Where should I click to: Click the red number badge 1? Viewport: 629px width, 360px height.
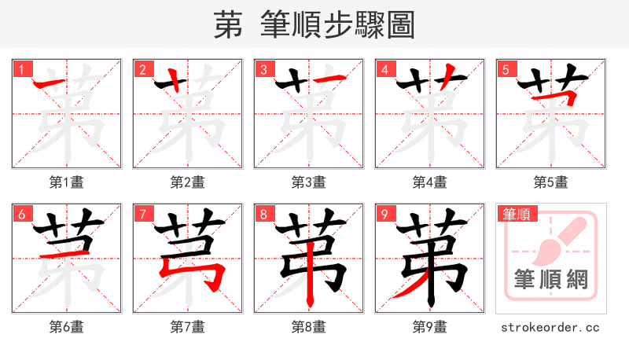click(x=21, y=69)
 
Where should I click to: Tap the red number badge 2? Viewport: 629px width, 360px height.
click(x=142, y=69)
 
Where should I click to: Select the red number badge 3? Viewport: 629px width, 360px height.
click(x=263, y=69)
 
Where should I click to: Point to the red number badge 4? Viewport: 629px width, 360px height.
click(x=384, y=69)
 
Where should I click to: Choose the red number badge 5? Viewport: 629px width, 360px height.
click(x=506, y=69)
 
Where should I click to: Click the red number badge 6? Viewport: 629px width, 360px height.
click(x=21, y=214)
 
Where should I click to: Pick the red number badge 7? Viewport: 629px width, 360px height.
click(x=142, y=214)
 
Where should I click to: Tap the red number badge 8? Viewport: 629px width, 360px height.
click(x=263, y=214)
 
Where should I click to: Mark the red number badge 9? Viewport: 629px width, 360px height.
click(x=384, y=214)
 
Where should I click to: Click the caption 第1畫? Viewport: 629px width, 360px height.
click(x=67, y=182)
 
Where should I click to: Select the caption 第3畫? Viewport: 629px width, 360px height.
click(x=309, y=182)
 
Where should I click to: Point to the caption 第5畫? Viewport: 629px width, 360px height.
click(x=551, y=182)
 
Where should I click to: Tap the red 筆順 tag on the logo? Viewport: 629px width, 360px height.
click(x=517, y=214)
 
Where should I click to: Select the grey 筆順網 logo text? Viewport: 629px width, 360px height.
click(x=551, y=278)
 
